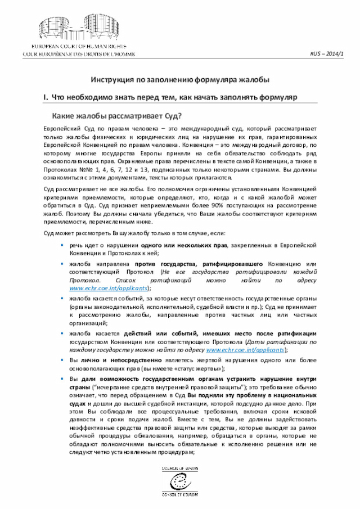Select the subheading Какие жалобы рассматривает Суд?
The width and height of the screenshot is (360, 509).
pyautogui.click(x=116, y=116)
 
